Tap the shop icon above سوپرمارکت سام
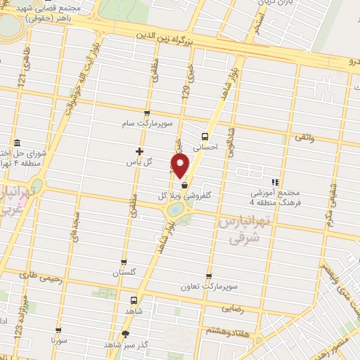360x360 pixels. coord(146,113)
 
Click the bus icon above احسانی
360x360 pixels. coord(205,136)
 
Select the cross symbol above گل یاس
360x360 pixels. coord(139,151)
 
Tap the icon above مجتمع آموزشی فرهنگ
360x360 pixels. coord(276,181)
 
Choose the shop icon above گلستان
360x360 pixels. coord(124,262)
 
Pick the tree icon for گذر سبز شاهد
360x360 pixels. coord(126,333)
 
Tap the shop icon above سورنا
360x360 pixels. coord(58,329)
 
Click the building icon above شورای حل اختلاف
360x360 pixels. coord(17,144)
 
